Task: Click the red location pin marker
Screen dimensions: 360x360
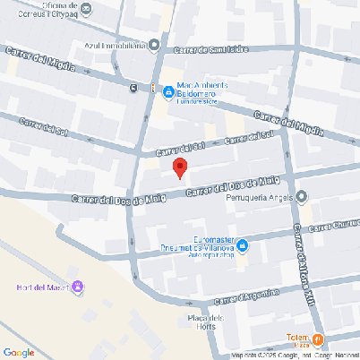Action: [179, 167]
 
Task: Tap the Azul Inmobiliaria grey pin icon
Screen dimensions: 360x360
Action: [155, 45]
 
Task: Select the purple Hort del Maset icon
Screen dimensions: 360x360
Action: [78, 287]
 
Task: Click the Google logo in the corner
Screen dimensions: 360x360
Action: [20, 352]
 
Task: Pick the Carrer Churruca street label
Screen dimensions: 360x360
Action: [335, 225]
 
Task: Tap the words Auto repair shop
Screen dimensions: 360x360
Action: [211, 254]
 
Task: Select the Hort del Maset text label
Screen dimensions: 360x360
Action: [42, 287]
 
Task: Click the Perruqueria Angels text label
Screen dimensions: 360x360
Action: [261, 197]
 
